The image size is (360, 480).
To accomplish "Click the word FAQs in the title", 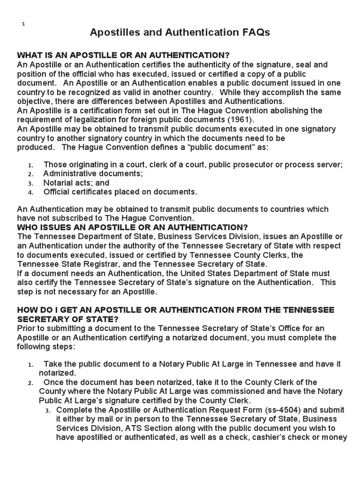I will tap(254, 32).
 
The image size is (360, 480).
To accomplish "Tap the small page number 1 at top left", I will tap(23, 24).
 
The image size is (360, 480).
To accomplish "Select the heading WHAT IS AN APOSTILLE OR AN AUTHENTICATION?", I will tap(123, 55).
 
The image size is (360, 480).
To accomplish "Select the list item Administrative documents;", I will tap(93, 173).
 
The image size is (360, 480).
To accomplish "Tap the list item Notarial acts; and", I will tap(76, 183).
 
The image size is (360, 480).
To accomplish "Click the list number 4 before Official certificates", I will tap(30, 192).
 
